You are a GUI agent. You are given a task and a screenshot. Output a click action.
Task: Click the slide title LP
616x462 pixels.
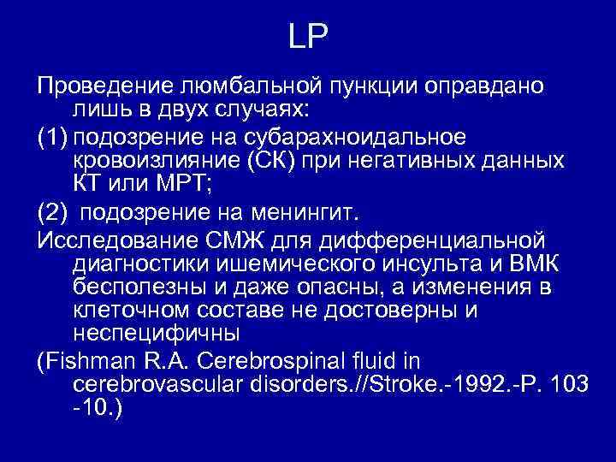coord(308,37)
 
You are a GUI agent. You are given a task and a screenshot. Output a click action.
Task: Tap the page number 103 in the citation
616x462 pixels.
coord(570,383)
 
